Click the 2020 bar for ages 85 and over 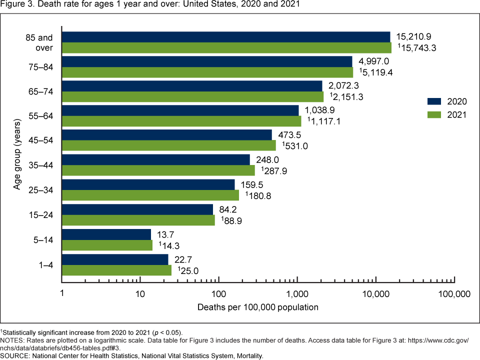coord(226,37)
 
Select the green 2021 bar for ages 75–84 coord(207,72)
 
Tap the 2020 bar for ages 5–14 coord(106,234)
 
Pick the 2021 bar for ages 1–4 coord(116,270)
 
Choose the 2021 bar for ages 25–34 coord(150,195)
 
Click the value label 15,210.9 coord(414,36)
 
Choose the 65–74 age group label coord(43,92)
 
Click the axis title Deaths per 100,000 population coord(258,307)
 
